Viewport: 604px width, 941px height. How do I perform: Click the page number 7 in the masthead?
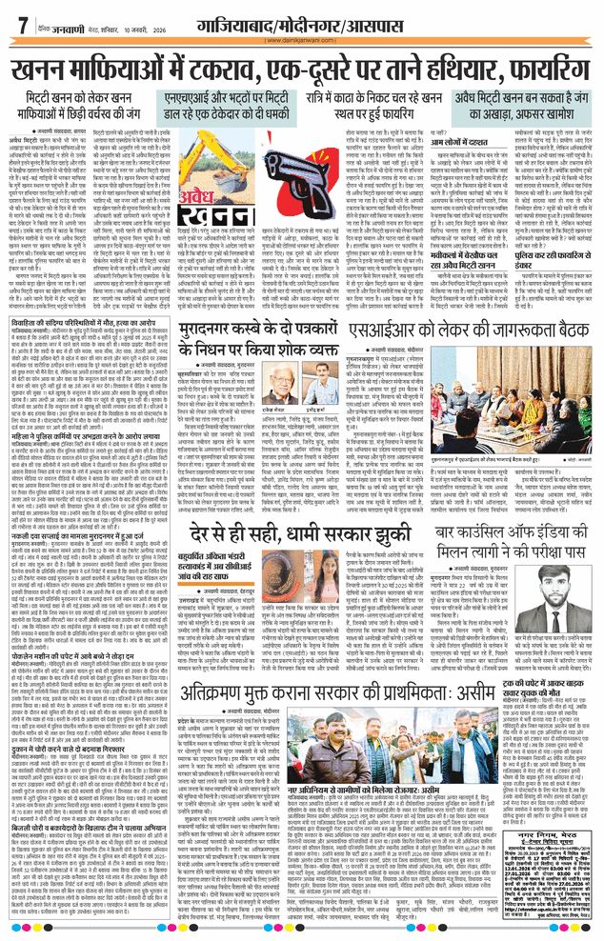pos(22,26)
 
